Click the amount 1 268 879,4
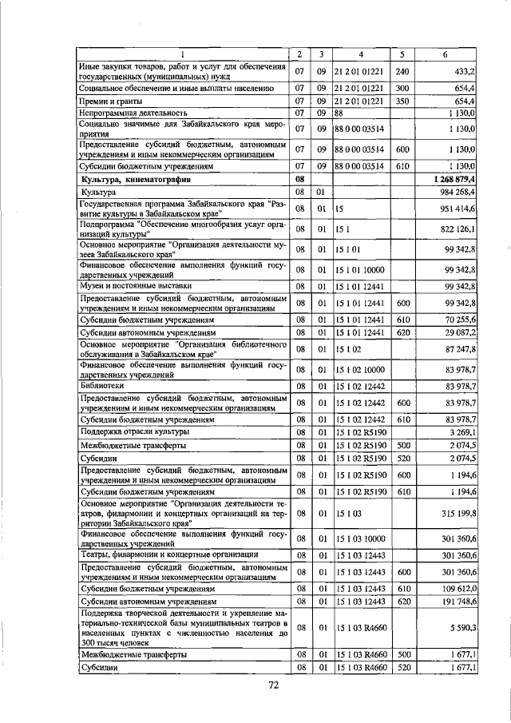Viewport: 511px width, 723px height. [x=454, y=181]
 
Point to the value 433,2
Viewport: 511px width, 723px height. [x=465, y=70]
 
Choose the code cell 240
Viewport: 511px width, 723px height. [x=402, y=70]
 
